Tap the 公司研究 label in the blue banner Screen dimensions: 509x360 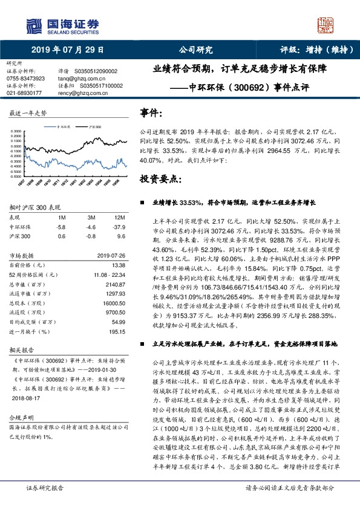pyautogui.click(x=192, y=50)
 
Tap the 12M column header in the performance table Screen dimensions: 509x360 pyautogui.click(x=119, y=217)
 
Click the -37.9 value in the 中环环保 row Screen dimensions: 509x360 pyautogui.click(x=119, y=226)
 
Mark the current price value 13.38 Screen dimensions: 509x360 pyautogui.click(x=118, y=265)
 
